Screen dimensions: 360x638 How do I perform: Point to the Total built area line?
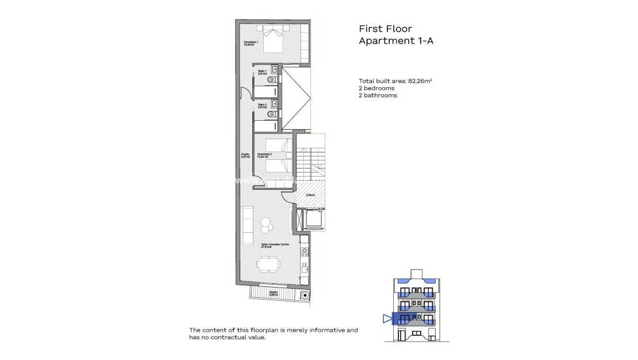tap(395, 81)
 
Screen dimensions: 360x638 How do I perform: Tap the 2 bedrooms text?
tap(376, 89)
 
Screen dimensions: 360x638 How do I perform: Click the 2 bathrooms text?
tap(378, 95)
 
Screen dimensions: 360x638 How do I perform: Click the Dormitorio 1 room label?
tap(249, 43)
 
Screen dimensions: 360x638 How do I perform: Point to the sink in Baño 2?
tap(275, 104)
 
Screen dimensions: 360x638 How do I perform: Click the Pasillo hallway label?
tap(245, 155)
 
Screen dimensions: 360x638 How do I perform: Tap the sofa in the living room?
tap(247, 225)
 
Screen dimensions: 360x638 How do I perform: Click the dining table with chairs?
tap(268, 265)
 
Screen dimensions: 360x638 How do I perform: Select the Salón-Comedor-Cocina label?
tap(275, 245)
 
